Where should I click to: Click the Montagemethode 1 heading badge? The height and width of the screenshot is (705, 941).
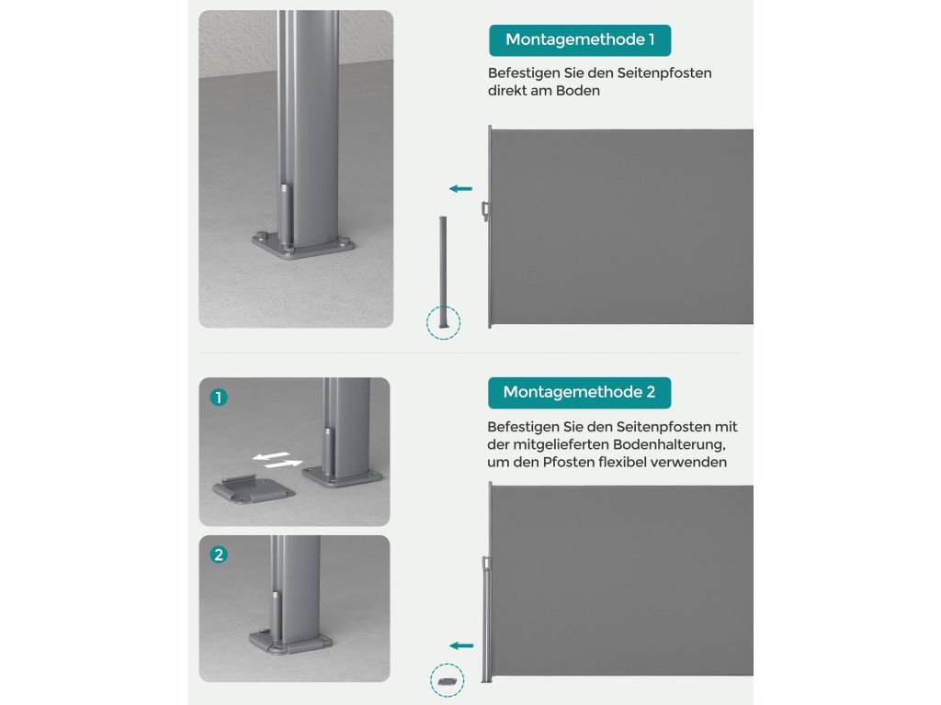(580, 40)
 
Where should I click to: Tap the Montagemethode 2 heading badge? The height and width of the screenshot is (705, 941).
(579, 393)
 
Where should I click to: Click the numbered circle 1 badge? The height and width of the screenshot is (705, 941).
(219, 397)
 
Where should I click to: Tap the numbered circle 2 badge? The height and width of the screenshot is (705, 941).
(219, 554)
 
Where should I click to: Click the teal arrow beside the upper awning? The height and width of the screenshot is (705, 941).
(461, 189)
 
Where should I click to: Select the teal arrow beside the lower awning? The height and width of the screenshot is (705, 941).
(461, 645)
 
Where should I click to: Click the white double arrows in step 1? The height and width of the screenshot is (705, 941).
(277, 460)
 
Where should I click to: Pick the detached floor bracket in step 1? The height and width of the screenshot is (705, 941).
(254, 490)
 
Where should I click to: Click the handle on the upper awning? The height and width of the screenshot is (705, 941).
(485, 211)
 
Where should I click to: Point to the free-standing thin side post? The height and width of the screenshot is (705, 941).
(444, 272)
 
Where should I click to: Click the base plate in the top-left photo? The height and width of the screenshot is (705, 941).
(303, 246)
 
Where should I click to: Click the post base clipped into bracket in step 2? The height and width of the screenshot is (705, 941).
(290, 642)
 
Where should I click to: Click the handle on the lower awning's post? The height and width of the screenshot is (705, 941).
(485, 564)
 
